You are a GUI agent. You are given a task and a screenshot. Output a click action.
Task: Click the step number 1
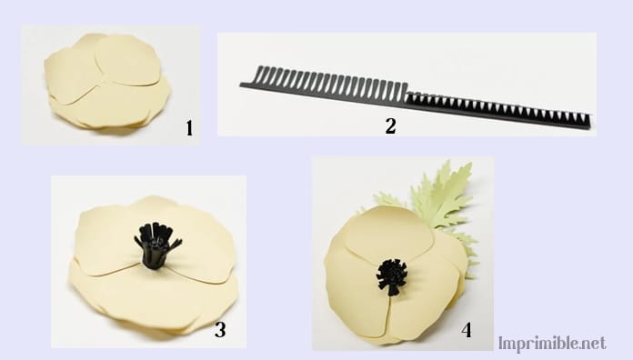pyautogui.click(x=189, y=128)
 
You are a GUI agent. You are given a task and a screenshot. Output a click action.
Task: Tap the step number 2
pyautogui.click(x=390, y=126)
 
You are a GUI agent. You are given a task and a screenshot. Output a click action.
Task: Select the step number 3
pyautogui.click(x=220, y=330)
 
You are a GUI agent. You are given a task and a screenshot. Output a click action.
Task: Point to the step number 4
pyautogui.click(x=467, y=330)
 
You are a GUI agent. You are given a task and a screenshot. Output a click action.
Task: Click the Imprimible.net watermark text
pyautogui.click(x=552, y=344)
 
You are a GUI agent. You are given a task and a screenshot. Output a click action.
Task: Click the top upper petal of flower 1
pyautogui.click(x=127, y=61)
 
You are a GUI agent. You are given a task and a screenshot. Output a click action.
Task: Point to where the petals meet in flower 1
pyautogui.click(x=105, y=75)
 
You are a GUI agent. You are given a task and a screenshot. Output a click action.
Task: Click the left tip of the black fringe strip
pyautogui.click(x=241, y=85)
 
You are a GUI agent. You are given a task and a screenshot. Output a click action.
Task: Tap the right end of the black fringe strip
pyautogui.click(x=590, y=123)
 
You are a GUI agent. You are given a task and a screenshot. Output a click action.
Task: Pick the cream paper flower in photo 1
pyautogui.click(x=107, y=82)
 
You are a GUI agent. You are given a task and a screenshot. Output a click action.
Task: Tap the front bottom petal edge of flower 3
pyautogui.click(x=154, y=319)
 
